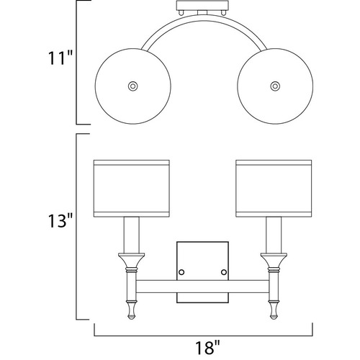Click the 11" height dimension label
pos(60,58)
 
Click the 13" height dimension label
pos(60,221)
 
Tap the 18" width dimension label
pos(207,347)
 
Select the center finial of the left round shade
pos(132,86)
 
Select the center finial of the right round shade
pos(275,86)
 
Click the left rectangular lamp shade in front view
pos(132,189)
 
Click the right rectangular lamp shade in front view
pos(274,189)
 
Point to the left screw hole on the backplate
pos(181,272)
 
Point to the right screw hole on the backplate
pos(224,272)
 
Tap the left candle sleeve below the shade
pos(132,235)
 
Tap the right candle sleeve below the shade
pos(274,235)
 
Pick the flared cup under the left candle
pos(132,260)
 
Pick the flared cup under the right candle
pos(274,260)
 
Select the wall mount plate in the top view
pos(202,6)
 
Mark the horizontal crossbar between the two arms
pos(202,287)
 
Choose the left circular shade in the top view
pos(132,86)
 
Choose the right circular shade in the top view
pos(275,86)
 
